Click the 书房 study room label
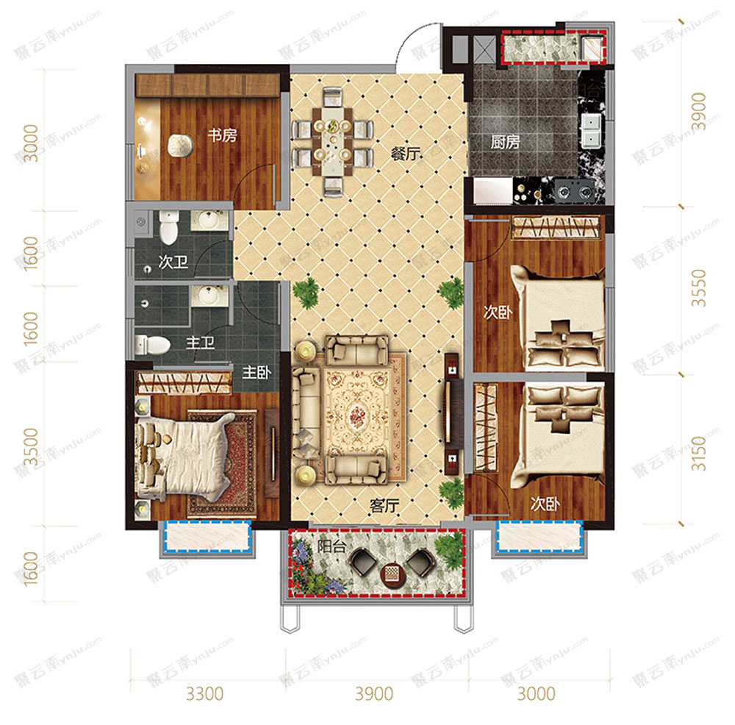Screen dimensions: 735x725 222,135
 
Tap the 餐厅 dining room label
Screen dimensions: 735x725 406,154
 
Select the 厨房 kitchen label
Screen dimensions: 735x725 506,142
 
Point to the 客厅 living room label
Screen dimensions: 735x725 384,505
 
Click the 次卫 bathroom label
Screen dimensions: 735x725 173,262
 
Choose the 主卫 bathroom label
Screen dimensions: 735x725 200,343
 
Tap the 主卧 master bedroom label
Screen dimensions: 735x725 257,373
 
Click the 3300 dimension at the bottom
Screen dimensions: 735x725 205,693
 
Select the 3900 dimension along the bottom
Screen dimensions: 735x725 374,693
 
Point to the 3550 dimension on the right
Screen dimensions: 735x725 698,288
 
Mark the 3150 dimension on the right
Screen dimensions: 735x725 698,453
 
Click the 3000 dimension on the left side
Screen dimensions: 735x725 31,143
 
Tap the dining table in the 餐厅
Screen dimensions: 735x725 333,140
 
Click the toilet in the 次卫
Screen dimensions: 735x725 168,227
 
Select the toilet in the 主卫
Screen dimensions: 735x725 152,345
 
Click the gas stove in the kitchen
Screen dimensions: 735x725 575,191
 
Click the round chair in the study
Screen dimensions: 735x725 180,146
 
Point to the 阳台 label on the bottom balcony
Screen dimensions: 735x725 331,546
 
